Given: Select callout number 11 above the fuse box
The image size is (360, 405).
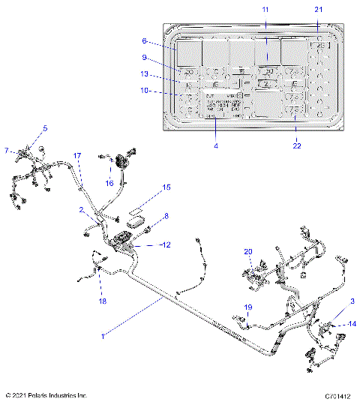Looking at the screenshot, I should coord(265,8).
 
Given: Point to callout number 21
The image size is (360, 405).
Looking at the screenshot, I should coord(319,8).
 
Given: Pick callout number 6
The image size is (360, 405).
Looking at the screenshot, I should coord(145,42).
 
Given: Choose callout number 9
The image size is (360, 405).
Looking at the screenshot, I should coord(145,57).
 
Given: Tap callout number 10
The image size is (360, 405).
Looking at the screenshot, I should coord(145,91).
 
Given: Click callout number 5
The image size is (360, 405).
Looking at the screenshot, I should coord(44,128).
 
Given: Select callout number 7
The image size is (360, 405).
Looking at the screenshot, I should coord(7,151).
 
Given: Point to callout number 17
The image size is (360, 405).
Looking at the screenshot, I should coord(76,155).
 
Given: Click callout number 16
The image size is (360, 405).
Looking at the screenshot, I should coord(109,182).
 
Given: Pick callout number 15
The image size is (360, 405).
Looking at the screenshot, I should coord(166,187).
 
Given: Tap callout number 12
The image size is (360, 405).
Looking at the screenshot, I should coord(166,244).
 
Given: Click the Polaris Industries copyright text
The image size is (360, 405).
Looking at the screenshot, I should coord(46,394).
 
